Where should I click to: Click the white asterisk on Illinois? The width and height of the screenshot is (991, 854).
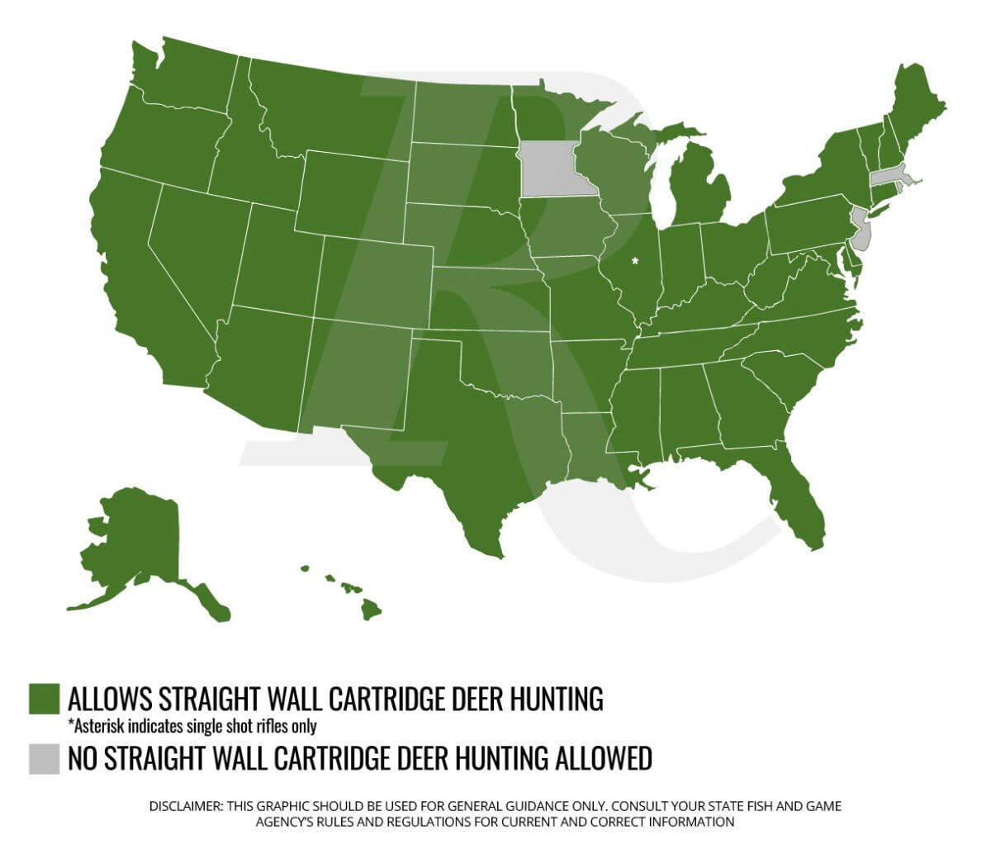click(635, 261)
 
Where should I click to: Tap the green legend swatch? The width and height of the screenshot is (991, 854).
click(44, 699)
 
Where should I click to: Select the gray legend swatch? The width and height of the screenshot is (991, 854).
click(44, 759)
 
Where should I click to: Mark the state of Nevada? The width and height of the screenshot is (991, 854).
click(194, 248)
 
